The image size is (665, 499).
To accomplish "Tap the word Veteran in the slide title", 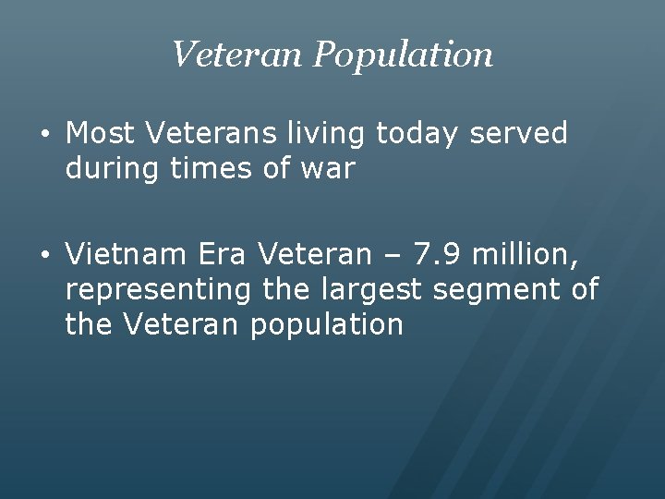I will (236, 55).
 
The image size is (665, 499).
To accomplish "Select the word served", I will (519, 133).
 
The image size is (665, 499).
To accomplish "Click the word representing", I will (158, 290).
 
